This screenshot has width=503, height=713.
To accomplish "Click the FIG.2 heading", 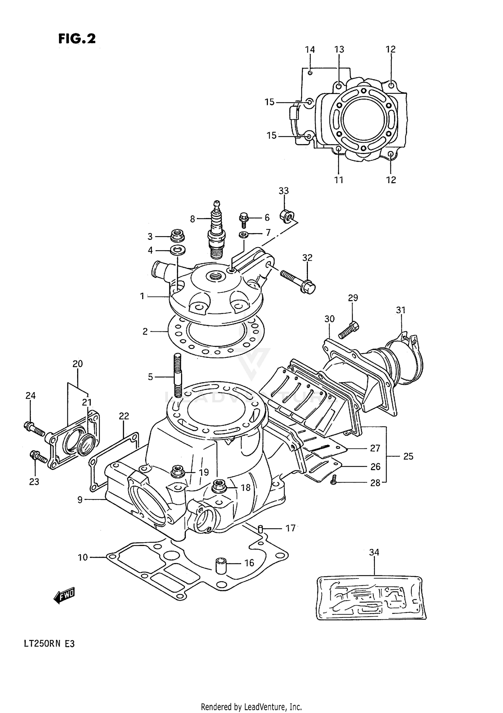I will [77, 39].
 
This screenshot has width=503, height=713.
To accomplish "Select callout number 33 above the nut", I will [283, 191].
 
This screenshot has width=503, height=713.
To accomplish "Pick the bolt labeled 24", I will [34, 429].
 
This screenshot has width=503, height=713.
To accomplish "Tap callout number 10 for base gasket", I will [82, 557].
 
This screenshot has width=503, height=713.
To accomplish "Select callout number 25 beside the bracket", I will [408, 456].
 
